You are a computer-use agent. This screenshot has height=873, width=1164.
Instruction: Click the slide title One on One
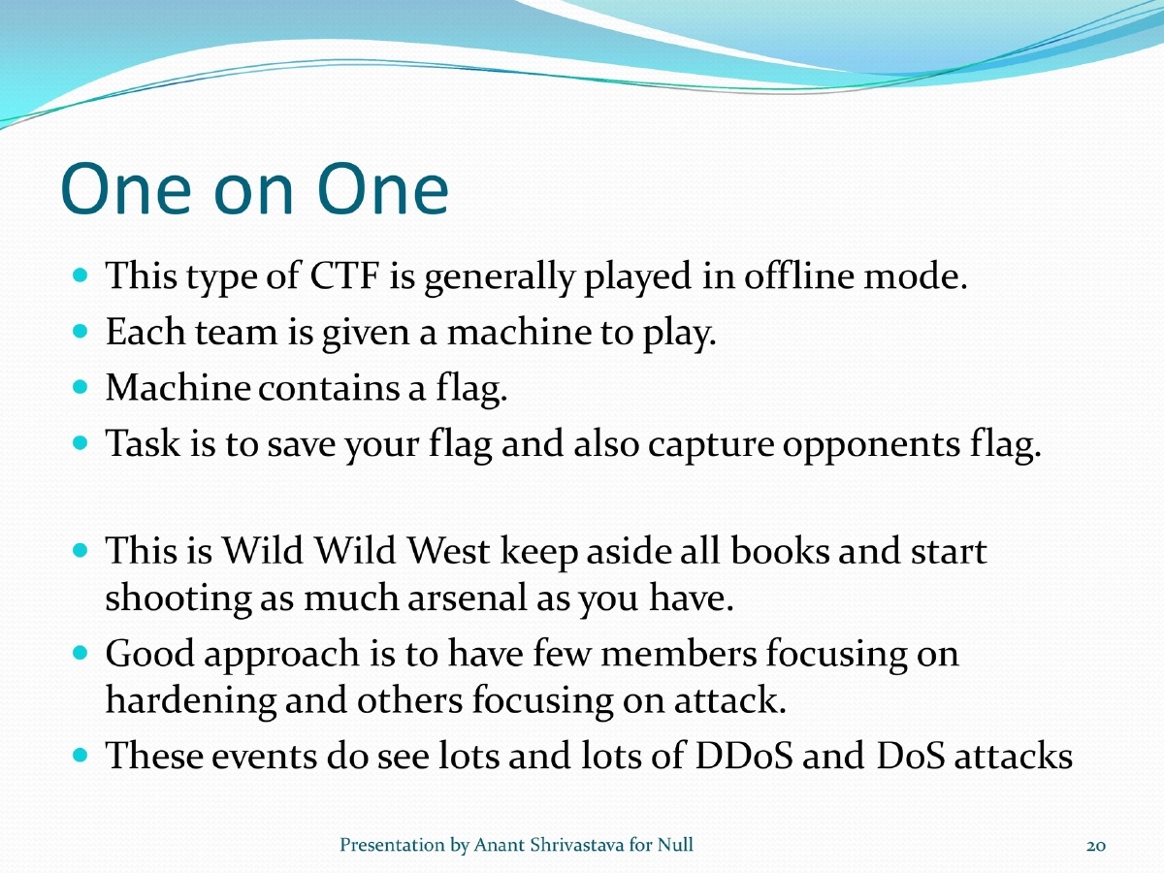pyautogui.click(x=254, y=189)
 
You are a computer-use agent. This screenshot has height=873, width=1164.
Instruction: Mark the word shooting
pyautogui.click(x=178, y=598)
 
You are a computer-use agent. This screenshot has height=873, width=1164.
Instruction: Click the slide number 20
pyautogui.click(x=1096, y=846)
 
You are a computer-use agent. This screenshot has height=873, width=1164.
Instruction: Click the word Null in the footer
pyautogui.click(x=675, y=846)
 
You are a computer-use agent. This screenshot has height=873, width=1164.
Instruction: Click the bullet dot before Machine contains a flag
pyautogui.click(x=81, y=388)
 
